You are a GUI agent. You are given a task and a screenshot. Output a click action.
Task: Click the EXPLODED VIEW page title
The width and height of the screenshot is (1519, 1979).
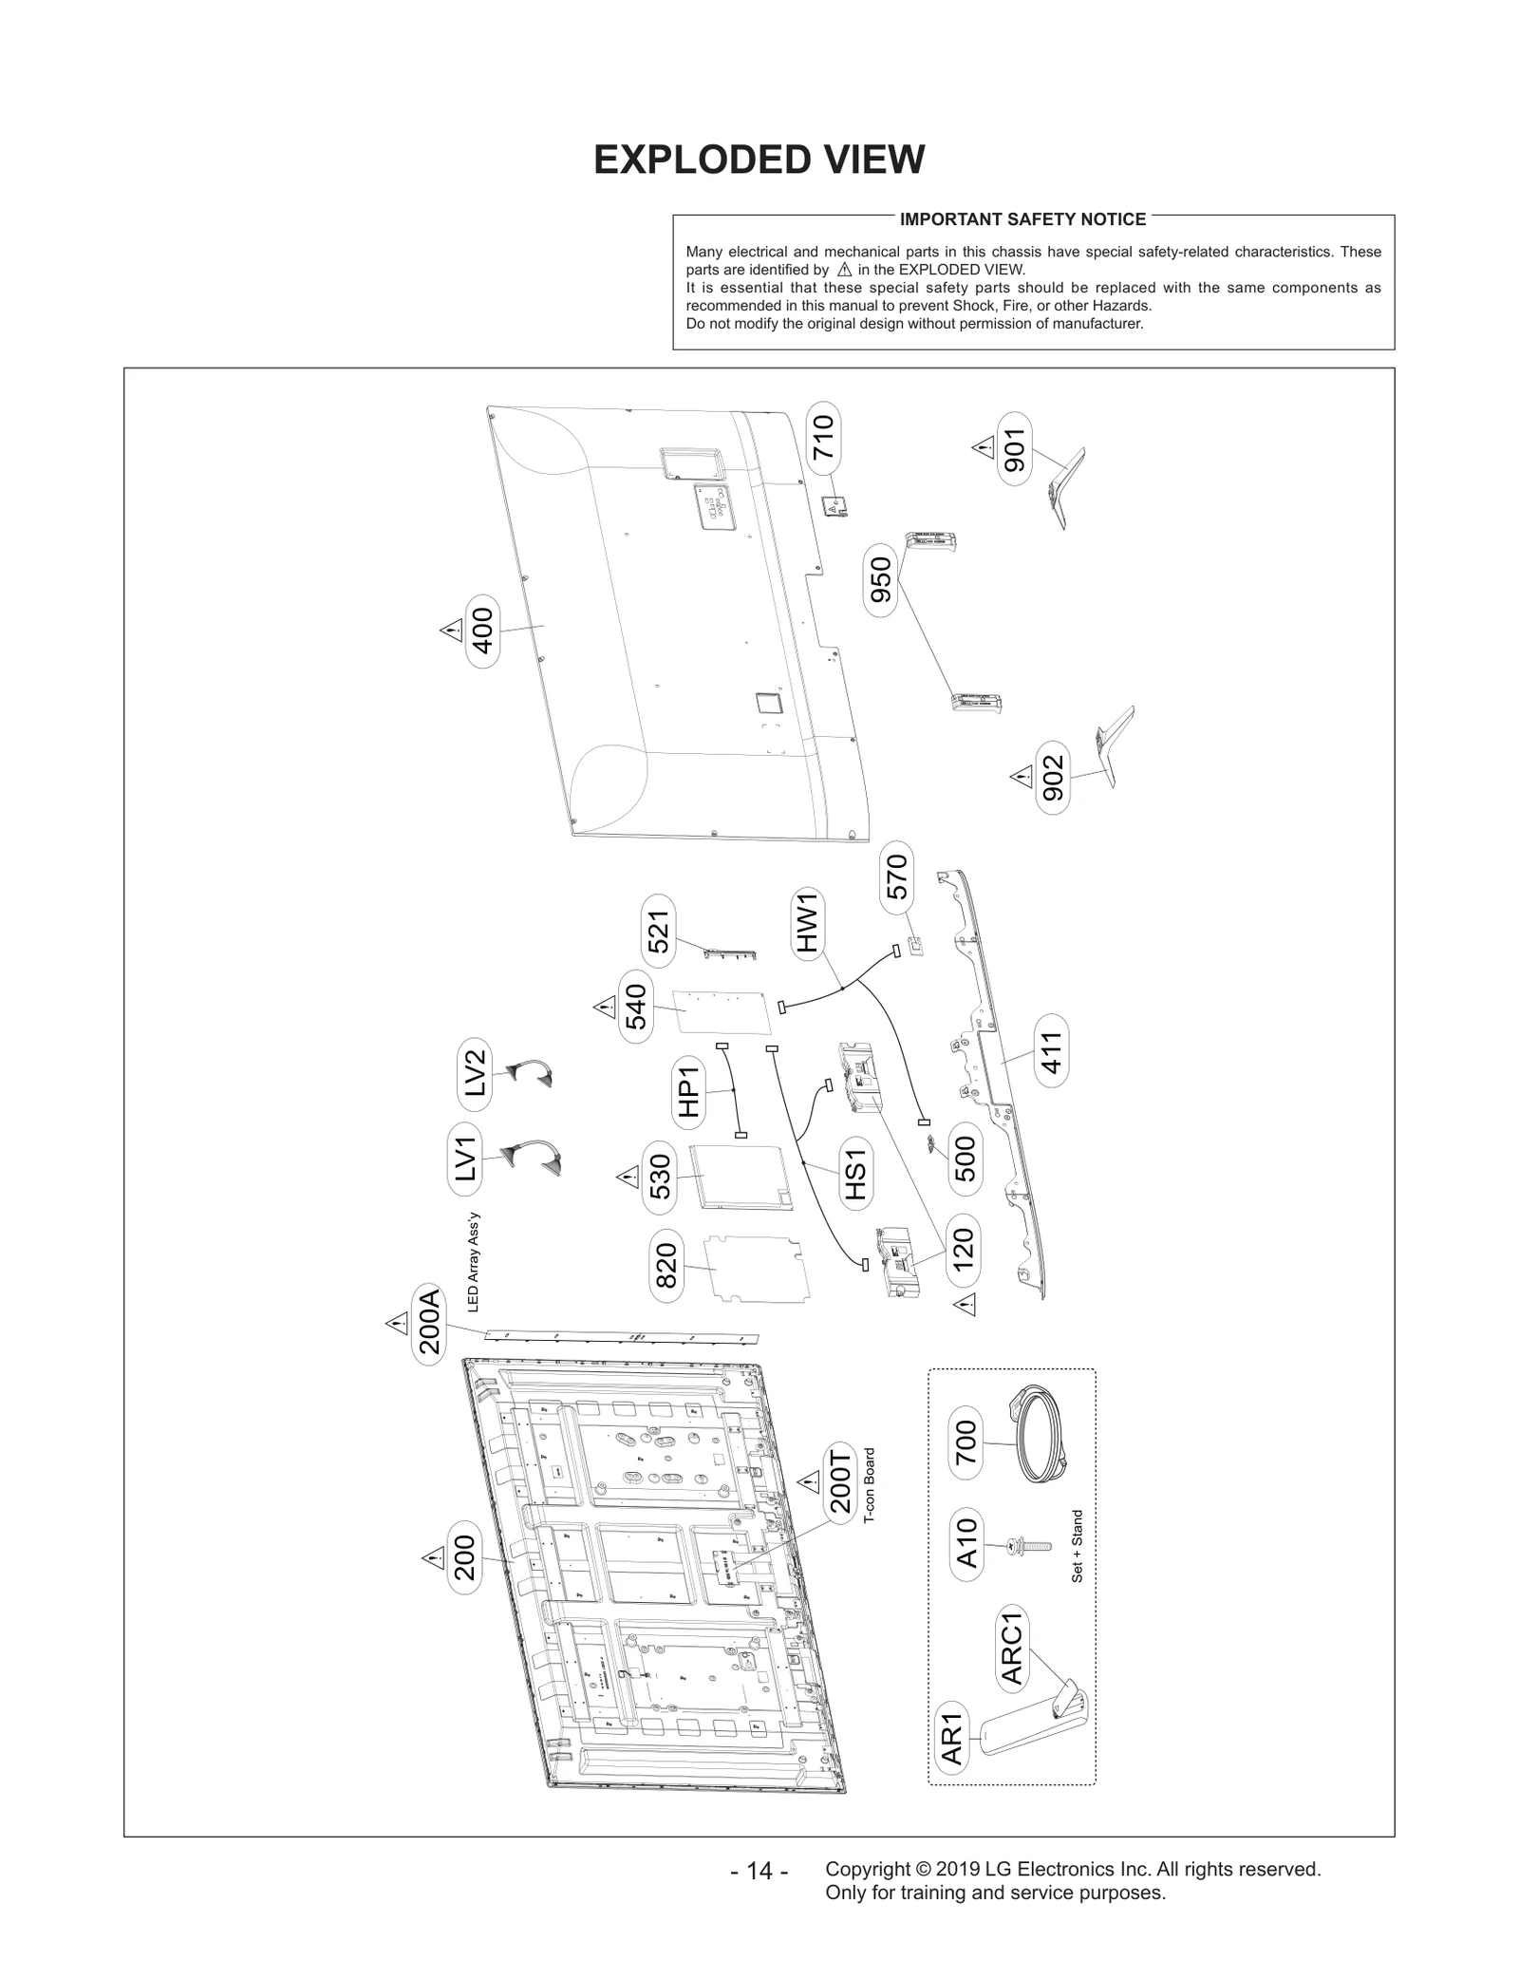[x=759, y=160]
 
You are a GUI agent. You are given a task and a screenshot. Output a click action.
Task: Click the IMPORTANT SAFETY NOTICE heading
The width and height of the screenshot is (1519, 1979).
[x=1022, y=219]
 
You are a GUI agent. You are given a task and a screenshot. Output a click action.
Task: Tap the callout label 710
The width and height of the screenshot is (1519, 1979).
[x=823, y=437]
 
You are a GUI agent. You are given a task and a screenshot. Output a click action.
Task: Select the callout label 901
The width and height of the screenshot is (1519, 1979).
[x=1014, y=450]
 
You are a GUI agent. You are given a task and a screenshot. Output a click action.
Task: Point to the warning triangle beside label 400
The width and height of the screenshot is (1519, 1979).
[x=450, y=631]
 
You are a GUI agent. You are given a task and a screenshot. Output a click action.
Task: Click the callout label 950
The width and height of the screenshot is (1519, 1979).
[x=881, y=579]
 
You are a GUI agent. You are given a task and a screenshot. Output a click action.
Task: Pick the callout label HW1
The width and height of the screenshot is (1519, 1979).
[x=807, y=923]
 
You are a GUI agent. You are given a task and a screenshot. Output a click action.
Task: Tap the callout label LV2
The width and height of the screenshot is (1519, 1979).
[x=475, y=1074]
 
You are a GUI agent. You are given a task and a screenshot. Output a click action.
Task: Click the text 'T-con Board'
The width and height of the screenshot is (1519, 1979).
[x=869, y=1499]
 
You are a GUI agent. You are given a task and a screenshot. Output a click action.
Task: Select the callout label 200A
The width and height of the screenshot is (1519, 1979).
[x=429, y=1326]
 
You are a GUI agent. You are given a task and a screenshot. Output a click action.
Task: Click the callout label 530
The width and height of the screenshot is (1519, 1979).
[x=660, y=1178]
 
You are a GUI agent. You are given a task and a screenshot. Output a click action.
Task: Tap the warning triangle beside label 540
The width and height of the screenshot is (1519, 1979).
[x=604, y=1007]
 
